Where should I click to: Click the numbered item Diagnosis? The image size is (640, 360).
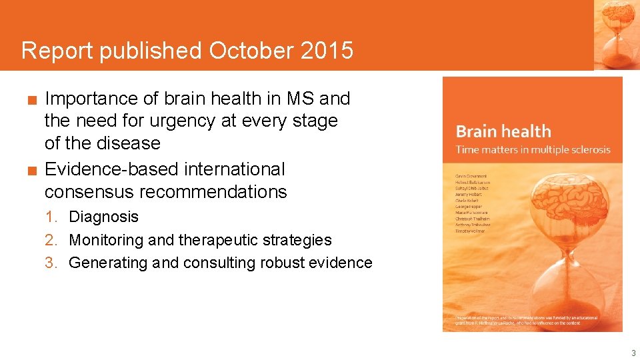[x=104, y=217]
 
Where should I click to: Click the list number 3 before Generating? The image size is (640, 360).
[x=50, y=263]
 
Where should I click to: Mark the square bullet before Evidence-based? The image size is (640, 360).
[x=31, y=171]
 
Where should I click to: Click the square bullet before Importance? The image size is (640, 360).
[x=31, y=100]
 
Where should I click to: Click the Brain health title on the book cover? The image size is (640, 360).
[x=503, y=131]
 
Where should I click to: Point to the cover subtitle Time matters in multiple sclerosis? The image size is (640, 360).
[x=533, y=149]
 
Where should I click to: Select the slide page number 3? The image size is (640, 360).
[x=633, y=353]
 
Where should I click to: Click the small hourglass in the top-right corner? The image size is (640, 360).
[x=617, y=33]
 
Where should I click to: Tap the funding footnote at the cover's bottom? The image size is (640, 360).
[x=527, y=321]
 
